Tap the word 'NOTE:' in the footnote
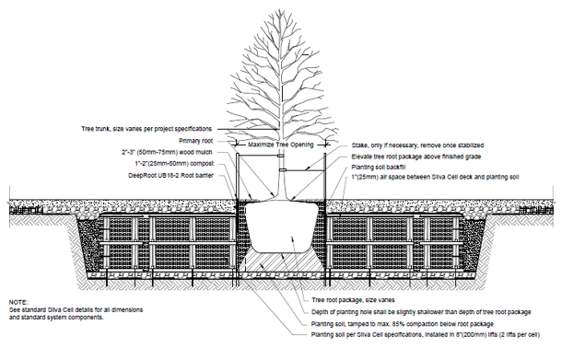(19, 302)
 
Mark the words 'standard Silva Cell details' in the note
(55, 310)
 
